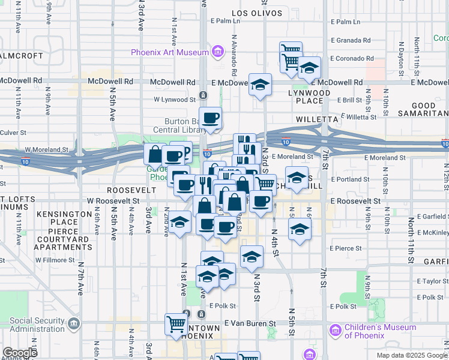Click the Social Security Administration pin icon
74,325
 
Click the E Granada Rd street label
351,40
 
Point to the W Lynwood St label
175,99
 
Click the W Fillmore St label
56,260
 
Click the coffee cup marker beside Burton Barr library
210,118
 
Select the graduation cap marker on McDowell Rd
261,85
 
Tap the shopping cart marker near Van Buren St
176,325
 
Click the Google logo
19,353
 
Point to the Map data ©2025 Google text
411,355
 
